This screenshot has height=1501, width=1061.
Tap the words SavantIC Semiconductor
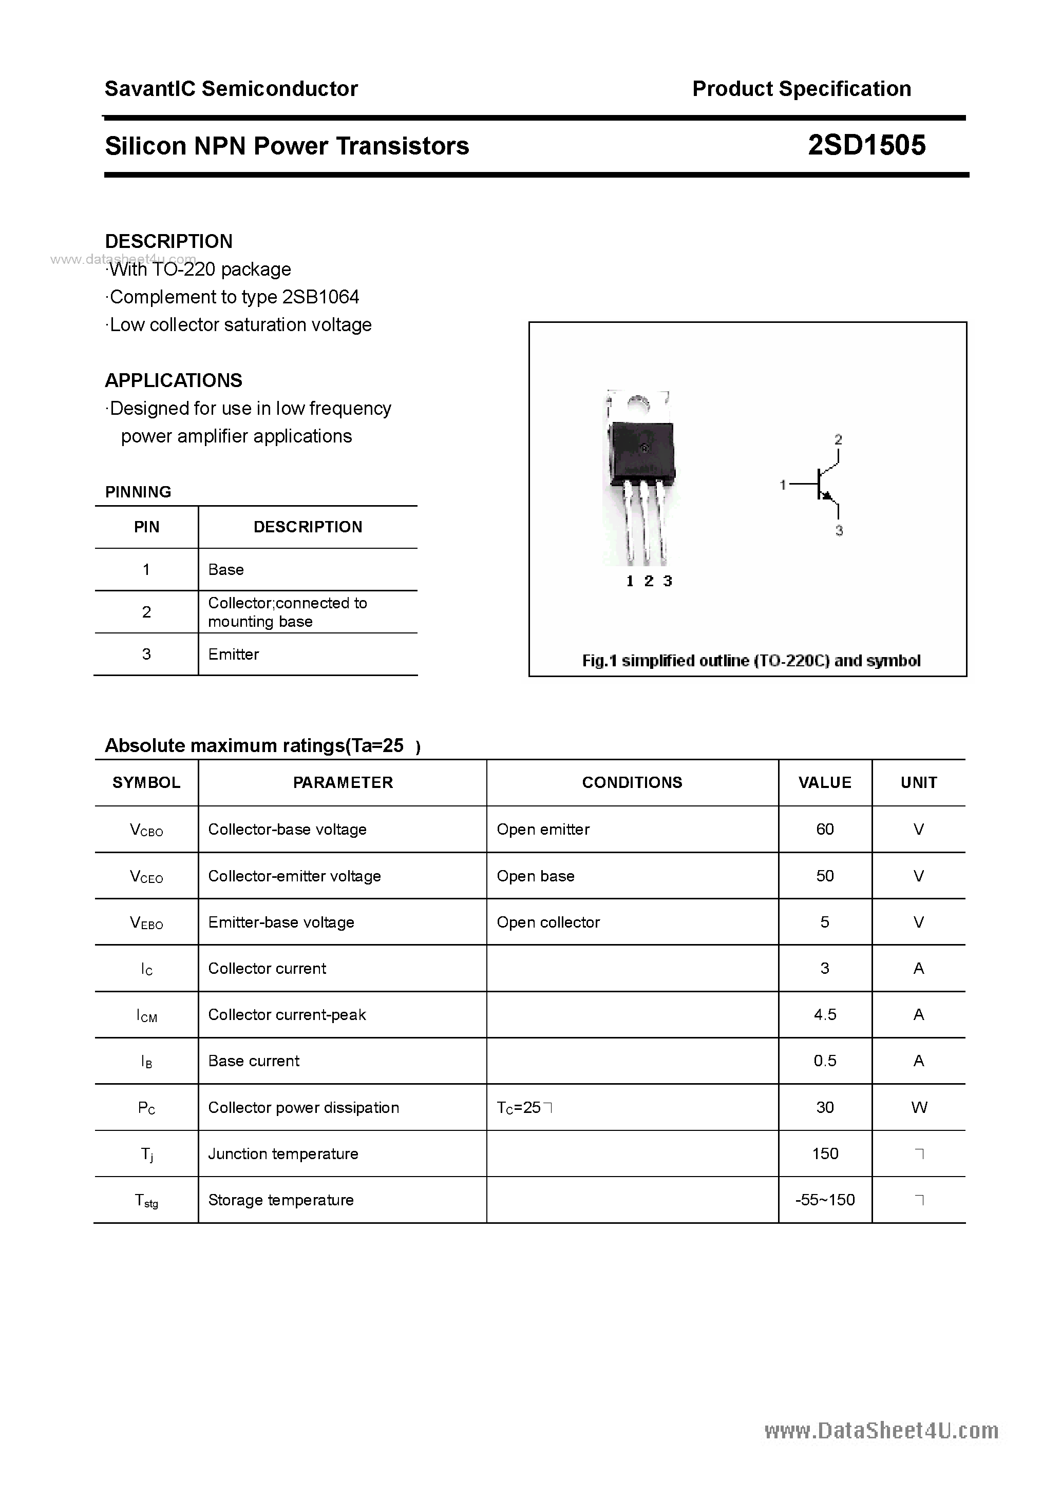(x=231, y=89)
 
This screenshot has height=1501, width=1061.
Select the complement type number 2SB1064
(x=320, y=297)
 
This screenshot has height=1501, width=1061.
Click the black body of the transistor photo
(x=641, y=451)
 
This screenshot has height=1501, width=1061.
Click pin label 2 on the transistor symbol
(x=838, y=440)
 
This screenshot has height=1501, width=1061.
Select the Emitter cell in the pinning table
(x=234, y=655)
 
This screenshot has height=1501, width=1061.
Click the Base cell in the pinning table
(x=225, y=569)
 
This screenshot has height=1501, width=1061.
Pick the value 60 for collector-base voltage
(x=824, y=829)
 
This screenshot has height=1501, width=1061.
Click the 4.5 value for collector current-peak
(x=824, y=1015)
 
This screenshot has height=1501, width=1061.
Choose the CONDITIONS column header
(x=631, y=782)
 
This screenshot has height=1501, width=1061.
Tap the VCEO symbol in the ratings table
(x=146, y=877)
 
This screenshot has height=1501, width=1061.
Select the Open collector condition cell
(x=547, y=922)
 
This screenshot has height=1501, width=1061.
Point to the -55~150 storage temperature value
(x=824, y=1200)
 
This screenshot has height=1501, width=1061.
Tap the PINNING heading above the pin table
(x=138, y=492)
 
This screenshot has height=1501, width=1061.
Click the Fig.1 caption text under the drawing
(x=751, y=661)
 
